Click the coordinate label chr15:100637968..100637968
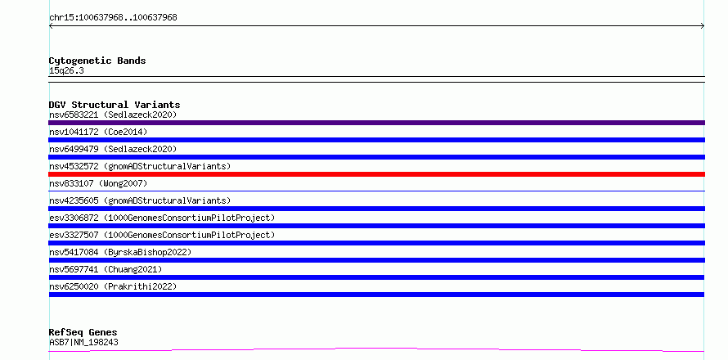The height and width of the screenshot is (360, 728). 113,18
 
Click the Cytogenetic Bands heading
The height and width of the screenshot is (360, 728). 97,61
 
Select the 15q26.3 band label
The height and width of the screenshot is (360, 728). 66,71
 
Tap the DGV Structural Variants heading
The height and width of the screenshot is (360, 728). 115,105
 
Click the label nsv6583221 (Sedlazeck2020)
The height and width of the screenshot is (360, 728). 113,115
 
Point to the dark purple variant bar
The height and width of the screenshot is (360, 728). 376,123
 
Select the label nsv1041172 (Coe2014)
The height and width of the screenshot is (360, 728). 98,132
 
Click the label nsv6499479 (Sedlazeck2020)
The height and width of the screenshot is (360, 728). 113,149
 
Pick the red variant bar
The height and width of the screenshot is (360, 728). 376,174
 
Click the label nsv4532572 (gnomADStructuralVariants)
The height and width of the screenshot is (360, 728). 140,166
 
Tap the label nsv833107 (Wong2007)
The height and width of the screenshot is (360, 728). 98,183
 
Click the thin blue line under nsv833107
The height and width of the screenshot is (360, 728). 376,191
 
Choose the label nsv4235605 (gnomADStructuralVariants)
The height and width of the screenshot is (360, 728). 140,200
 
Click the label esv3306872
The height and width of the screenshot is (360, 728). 74,218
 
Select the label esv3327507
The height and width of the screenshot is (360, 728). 74,235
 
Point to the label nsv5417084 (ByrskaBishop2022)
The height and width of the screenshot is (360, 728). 120,252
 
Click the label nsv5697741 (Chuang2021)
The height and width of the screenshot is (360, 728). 106,269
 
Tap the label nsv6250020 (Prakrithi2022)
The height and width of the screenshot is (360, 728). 113,286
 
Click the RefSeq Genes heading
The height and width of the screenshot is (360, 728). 83,333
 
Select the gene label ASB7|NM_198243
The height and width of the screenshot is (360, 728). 83,342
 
